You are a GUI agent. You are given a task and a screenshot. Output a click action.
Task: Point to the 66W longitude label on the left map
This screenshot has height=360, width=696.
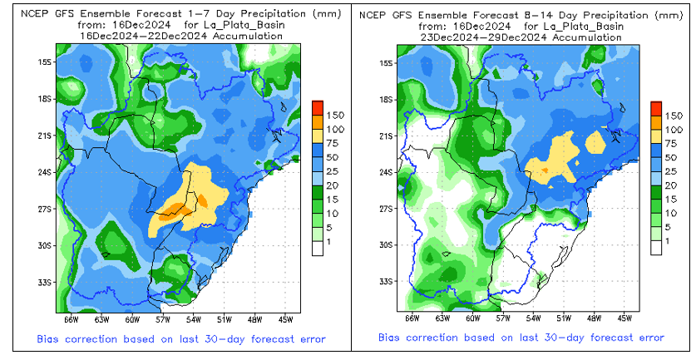pos(71,318)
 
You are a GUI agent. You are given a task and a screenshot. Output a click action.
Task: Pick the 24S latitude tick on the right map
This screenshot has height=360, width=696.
pos(397,172)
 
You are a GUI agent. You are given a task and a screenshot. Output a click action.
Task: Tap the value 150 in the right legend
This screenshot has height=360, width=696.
pos(675,114)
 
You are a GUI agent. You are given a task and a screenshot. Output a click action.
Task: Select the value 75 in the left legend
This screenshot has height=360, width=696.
pos(334,143)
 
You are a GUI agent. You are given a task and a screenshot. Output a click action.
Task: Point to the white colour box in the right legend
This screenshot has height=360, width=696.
pos(657,247)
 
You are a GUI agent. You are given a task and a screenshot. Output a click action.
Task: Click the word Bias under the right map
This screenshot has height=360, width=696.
pos(391,338)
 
